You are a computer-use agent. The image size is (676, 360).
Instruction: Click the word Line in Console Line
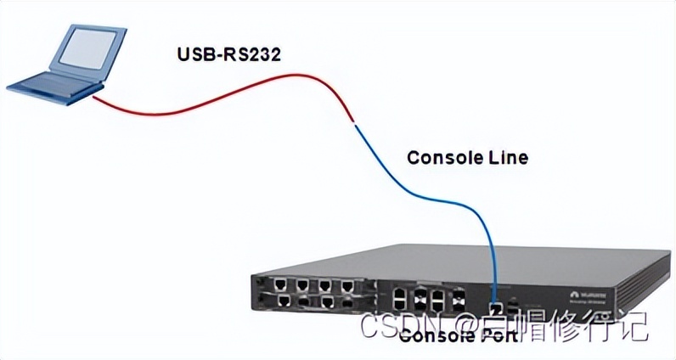click(x=510, y=158)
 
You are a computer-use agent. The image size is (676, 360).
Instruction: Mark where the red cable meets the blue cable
click(x=352, y=124)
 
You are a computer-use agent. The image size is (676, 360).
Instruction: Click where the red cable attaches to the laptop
click(x=95, y=97)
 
